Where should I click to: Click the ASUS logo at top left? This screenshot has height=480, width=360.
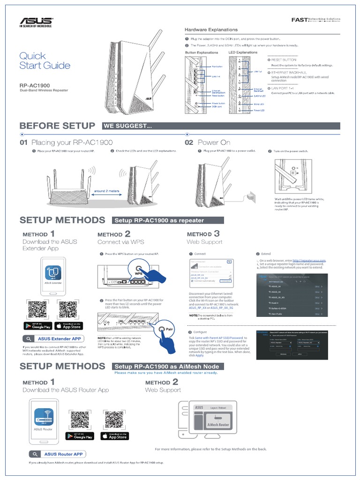35,22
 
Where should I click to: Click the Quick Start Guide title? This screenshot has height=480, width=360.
45,61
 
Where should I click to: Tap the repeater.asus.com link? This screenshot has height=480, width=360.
309,260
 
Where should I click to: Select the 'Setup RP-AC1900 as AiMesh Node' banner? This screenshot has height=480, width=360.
166,366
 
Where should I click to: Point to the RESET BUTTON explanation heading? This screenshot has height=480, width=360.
284,60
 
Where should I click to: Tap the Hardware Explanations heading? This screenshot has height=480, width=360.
209,30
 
